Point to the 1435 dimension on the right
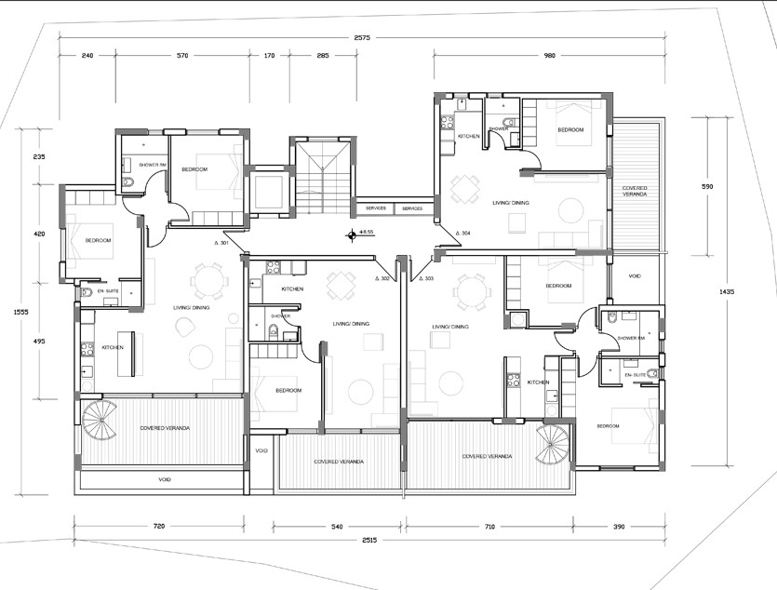point(728,292)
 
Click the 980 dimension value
point(549,56)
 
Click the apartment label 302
point(383,278)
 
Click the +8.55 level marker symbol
point(352,235)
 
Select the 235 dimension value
point(39,156)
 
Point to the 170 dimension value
point(269,56)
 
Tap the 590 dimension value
point(706,187)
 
